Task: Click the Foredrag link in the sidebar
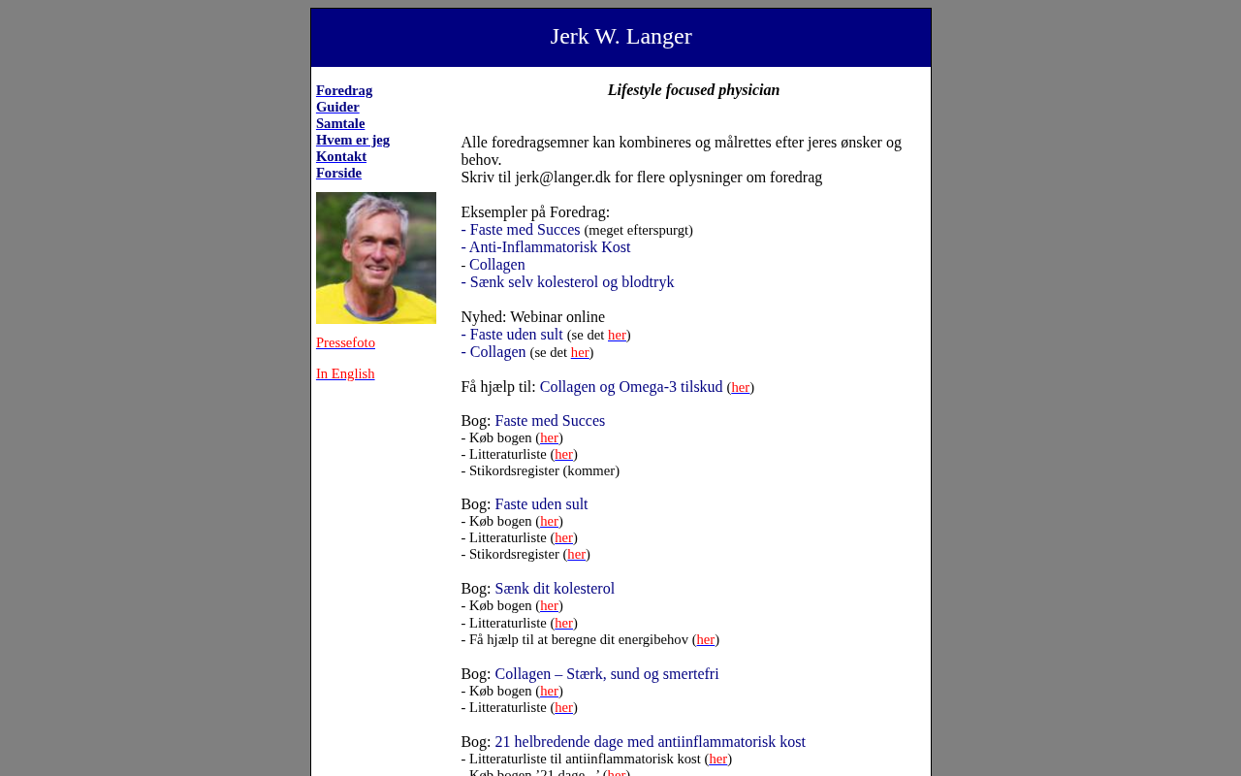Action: (x=344, y=90)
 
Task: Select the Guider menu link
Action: (x=337, y=107)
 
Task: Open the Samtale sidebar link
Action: (x=340, y=123)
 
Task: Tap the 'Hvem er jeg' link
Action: (x=353, y=140)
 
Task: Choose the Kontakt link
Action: (x=341, y=156)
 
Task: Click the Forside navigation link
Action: (x=338, y=173)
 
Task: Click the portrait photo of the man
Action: (x=376, y=258)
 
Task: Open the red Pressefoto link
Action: (x=345, y=342)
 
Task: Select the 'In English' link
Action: (x=345, y=373)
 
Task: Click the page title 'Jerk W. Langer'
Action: (x=620, y=37)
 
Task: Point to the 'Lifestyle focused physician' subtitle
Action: (x=693, y=90)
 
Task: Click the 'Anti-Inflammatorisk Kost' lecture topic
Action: (x=549, y=247)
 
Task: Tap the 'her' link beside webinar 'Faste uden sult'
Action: (x=617, y=335)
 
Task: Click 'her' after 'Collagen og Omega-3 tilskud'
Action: (x=741, y=387)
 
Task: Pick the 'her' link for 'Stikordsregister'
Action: (x=577, y=554)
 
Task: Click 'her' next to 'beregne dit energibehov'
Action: (x=706, y=639)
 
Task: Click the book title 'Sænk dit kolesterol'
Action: (x=555, y=589)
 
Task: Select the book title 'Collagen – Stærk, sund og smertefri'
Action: (x=607, y=674)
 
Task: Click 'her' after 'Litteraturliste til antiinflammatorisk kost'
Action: (x=718, y=759)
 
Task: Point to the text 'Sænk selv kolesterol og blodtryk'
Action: (x=571, y=282)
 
